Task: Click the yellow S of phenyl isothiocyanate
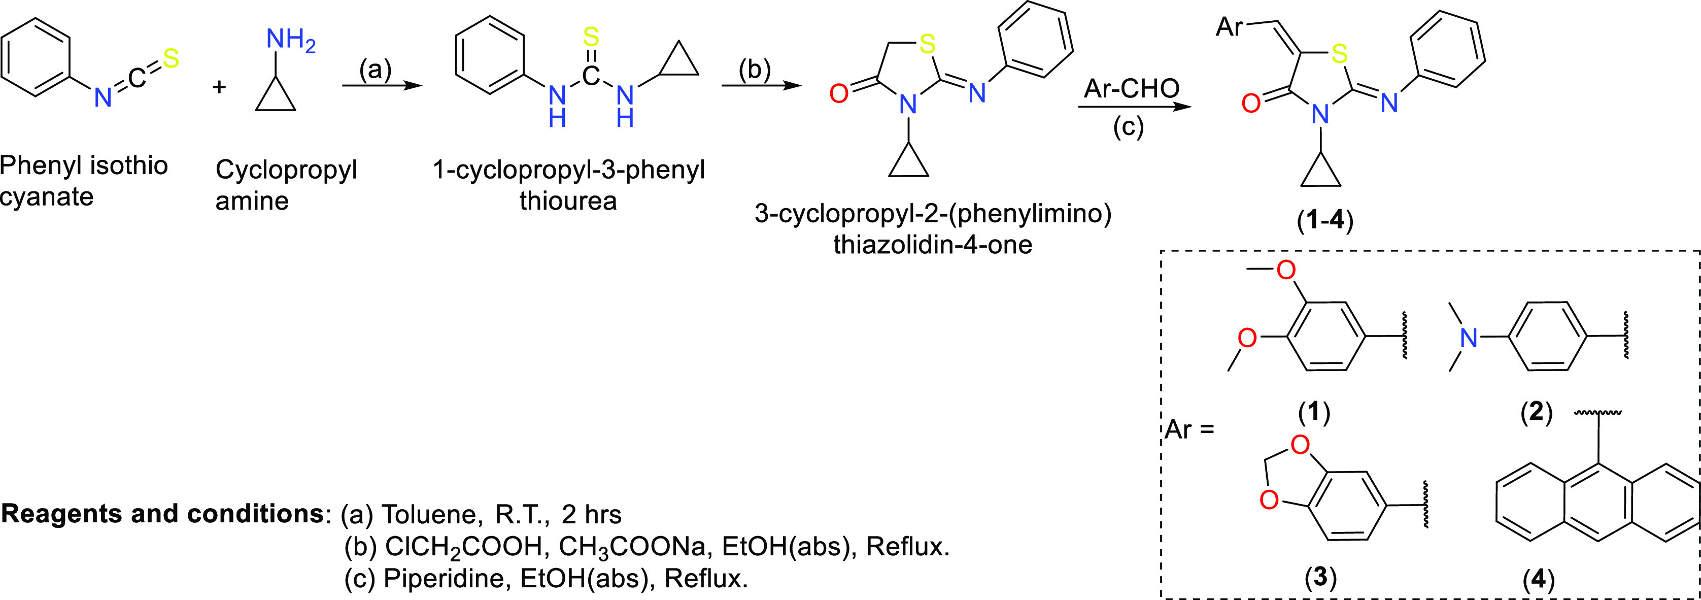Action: [x=171, y=59]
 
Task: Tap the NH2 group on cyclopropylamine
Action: [x=291, y=41]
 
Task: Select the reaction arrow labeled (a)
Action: [x=382, y=86]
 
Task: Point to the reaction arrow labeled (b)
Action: [x=761, y=86]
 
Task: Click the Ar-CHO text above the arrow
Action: [x=1131, y=88]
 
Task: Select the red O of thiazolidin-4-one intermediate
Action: [x=839, y=94]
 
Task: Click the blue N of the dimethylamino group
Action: [x=1468, y=339]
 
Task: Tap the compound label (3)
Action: [x=1320, y=577]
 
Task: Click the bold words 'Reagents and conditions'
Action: [x=162, y=513]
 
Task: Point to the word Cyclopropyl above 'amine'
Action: [x=286, y=170]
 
